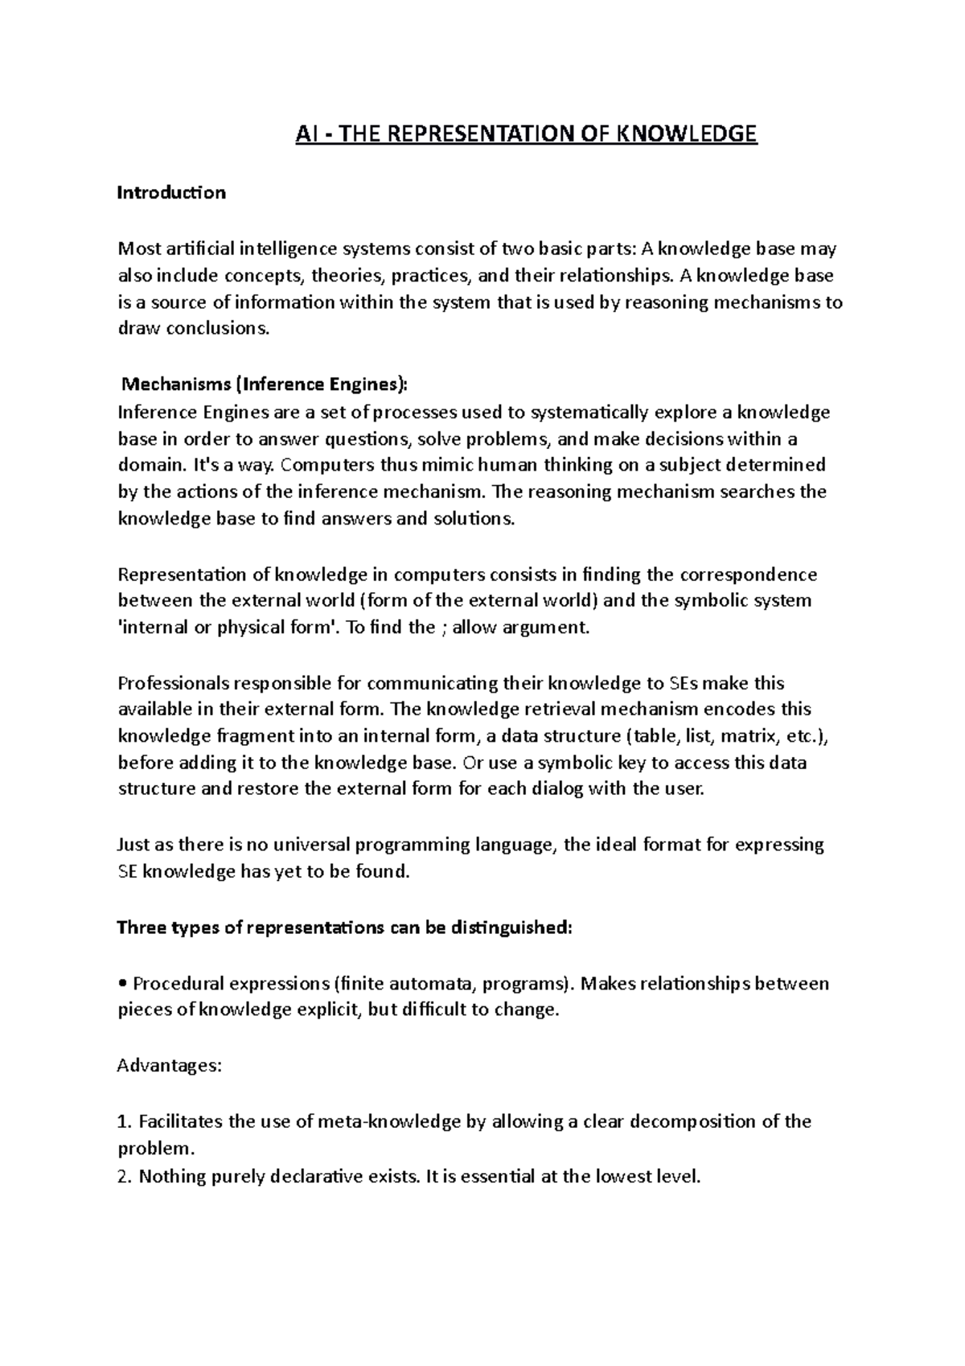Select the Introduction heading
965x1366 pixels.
click(171, 193)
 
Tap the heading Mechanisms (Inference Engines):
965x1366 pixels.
click(263, 385)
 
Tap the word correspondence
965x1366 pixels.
click(748, 574)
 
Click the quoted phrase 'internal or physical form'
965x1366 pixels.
click(229, 627)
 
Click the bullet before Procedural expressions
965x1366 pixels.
click(122, 984)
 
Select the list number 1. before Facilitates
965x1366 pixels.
click(123, 1121)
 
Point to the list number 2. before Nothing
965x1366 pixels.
click(124, 1177)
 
